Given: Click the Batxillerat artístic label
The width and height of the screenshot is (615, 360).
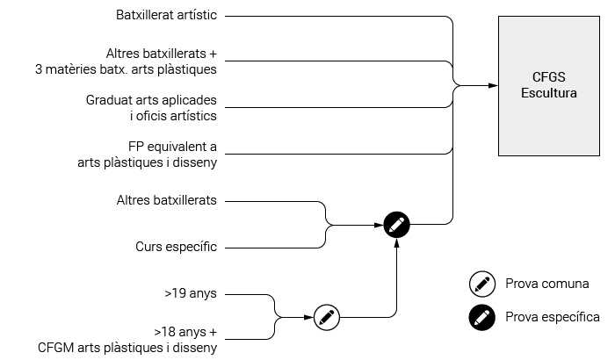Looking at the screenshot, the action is (166, 15).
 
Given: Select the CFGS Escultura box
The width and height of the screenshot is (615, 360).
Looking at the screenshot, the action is (549, 86).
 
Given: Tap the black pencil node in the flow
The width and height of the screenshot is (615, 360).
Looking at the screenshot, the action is (396, 225).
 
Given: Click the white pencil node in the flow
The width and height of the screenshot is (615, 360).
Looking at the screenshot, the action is (327, 317).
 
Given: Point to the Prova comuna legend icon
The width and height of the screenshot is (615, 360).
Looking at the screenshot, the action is (482, 284).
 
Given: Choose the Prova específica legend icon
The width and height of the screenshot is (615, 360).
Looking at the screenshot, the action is (482, 317).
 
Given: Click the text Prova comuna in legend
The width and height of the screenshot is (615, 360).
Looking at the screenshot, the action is (547, 284).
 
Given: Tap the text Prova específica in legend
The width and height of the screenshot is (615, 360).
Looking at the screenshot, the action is (553, 317).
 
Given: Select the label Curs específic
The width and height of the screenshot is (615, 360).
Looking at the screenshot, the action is (176, 247).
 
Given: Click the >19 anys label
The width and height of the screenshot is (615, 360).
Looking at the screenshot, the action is (191, 293).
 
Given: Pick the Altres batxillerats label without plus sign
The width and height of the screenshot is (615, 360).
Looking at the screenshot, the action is (166, 200).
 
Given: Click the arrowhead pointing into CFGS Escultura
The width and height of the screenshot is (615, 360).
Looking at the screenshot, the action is (493, 85).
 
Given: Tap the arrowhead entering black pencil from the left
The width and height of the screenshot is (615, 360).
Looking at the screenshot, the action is (379, 225).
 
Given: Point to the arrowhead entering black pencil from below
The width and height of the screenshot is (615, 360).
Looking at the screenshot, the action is (396, 242).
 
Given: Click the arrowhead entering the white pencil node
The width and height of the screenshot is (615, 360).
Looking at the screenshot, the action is (308, 317).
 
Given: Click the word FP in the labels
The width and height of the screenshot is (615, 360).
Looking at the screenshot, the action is (134, 147).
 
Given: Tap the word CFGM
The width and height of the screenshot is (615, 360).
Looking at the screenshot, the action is (55, 348).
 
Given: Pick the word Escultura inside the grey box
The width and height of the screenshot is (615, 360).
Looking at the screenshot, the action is (549, 93).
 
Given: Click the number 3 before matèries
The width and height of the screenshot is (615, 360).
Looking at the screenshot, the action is (39, 69).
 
